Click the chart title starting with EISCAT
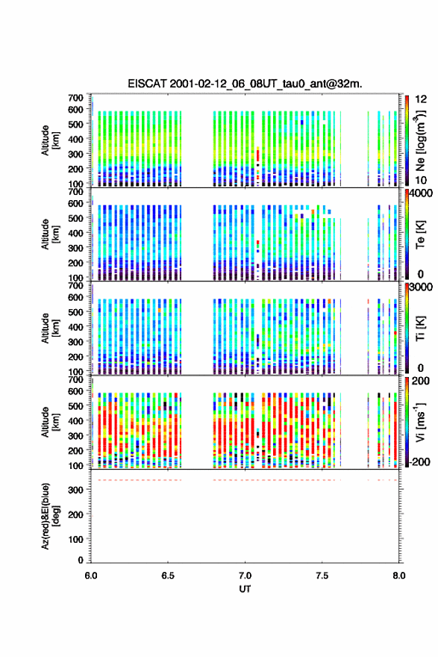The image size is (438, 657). coord(245,84)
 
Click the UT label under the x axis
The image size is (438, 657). coord(245,589)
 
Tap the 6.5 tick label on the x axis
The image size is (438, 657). coord(168,576)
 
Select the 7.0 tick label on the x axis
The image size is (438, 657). coord(245,576)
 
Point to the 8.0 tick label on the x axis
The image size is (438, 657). coord(398,576)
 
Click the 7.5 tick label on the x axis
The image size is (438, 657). coord(322,576)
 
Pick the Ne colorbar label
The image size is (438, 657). coord(420,140)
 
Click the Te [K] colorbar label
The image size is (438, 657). coord(421,234)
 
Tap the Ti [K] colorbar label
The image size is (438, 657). coord(421,328)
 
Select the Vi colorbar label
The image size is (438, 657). coord(420,423)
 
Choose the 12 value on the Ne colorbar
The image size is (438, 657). coord(421,99)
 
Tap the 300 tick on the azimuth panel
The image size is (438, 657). coord(76,490)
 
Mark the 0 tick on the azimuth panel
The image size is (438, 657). coord(81,560)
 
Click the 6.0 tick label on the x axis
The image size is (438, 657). coord(91,576)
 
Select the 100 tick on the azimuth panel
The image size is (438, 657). coord(76,539)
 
